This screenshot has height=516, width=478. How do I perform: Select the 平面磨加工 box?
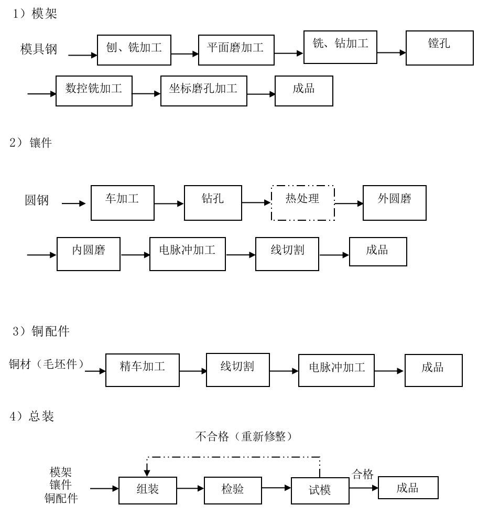pyautogui.click(x=235, y=49)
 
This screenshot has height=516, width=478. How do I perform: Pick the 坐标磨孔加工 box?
pyautogui.click(x=203, y=90)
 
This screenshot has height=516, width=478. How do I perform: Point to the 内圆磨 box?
pyautogui.click(x=88, y=254)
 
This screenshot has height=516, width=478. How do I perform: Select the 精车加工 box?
pyautogui.click(x=142, y=370)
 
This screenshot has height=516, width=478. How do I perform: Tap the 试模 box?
pyautogui.click(x=320, y=491)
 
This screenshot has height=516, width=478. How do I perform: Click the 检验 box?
pyautogui.click(x=233, y=490)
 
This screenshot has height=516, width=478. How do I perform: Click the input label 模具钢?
pyautogui.click(x=38, y=49)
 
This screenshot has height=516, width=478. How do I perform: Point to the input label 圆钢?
pyautogui.click(x=37, y=201)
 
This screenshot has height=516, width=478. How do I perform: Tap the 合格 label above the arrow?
pyautogui.click(x=363, y=475)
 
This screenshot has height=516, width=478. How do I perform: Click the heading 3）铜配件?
pyautogui.click(x=40, y=331)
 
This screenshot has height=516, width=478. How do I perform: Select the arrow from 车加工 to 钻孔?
pyautogui.click(x=169, y=203)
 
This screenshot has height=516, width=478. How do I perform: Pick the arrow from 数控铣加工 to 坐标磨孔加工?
pyautogui.click(x=146, y=94)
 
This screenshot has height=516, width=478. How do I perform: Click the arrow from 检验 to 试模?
pyautogui.click(x=276, y=488)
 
